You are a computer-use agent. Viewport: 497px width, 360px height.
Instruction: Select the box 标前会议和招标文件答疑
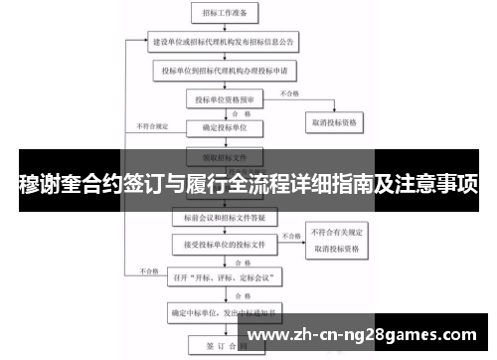[x=222, y=215]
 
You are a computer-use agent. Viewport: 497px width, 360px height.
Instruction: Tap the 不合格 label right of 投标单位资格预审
[x=288, y=93]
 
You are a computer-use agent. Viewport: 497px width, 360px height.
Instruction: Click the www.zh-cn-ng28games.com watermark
[x=368, y=329]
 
